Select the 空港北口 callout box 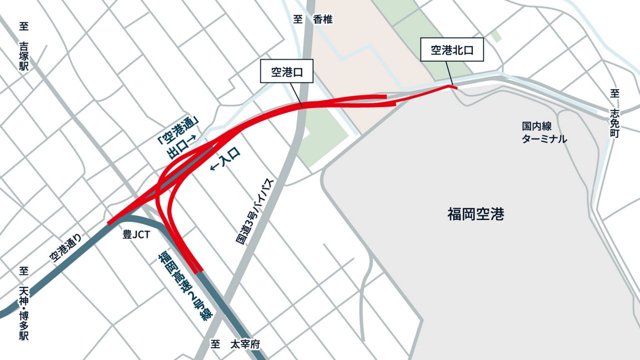point(452,49)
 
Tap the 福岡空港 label point(475,214)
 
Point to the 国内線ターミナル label point(544,132)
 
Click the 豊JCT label point(136,235)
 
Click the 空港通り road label point(65,248)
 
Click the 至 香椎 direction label point(312,19)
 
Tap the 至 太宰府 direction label point(235,344)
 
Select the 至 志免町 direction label point(614,115)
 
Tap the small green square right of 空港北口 point(495,36)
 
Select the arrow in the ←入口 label point(213,167)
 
